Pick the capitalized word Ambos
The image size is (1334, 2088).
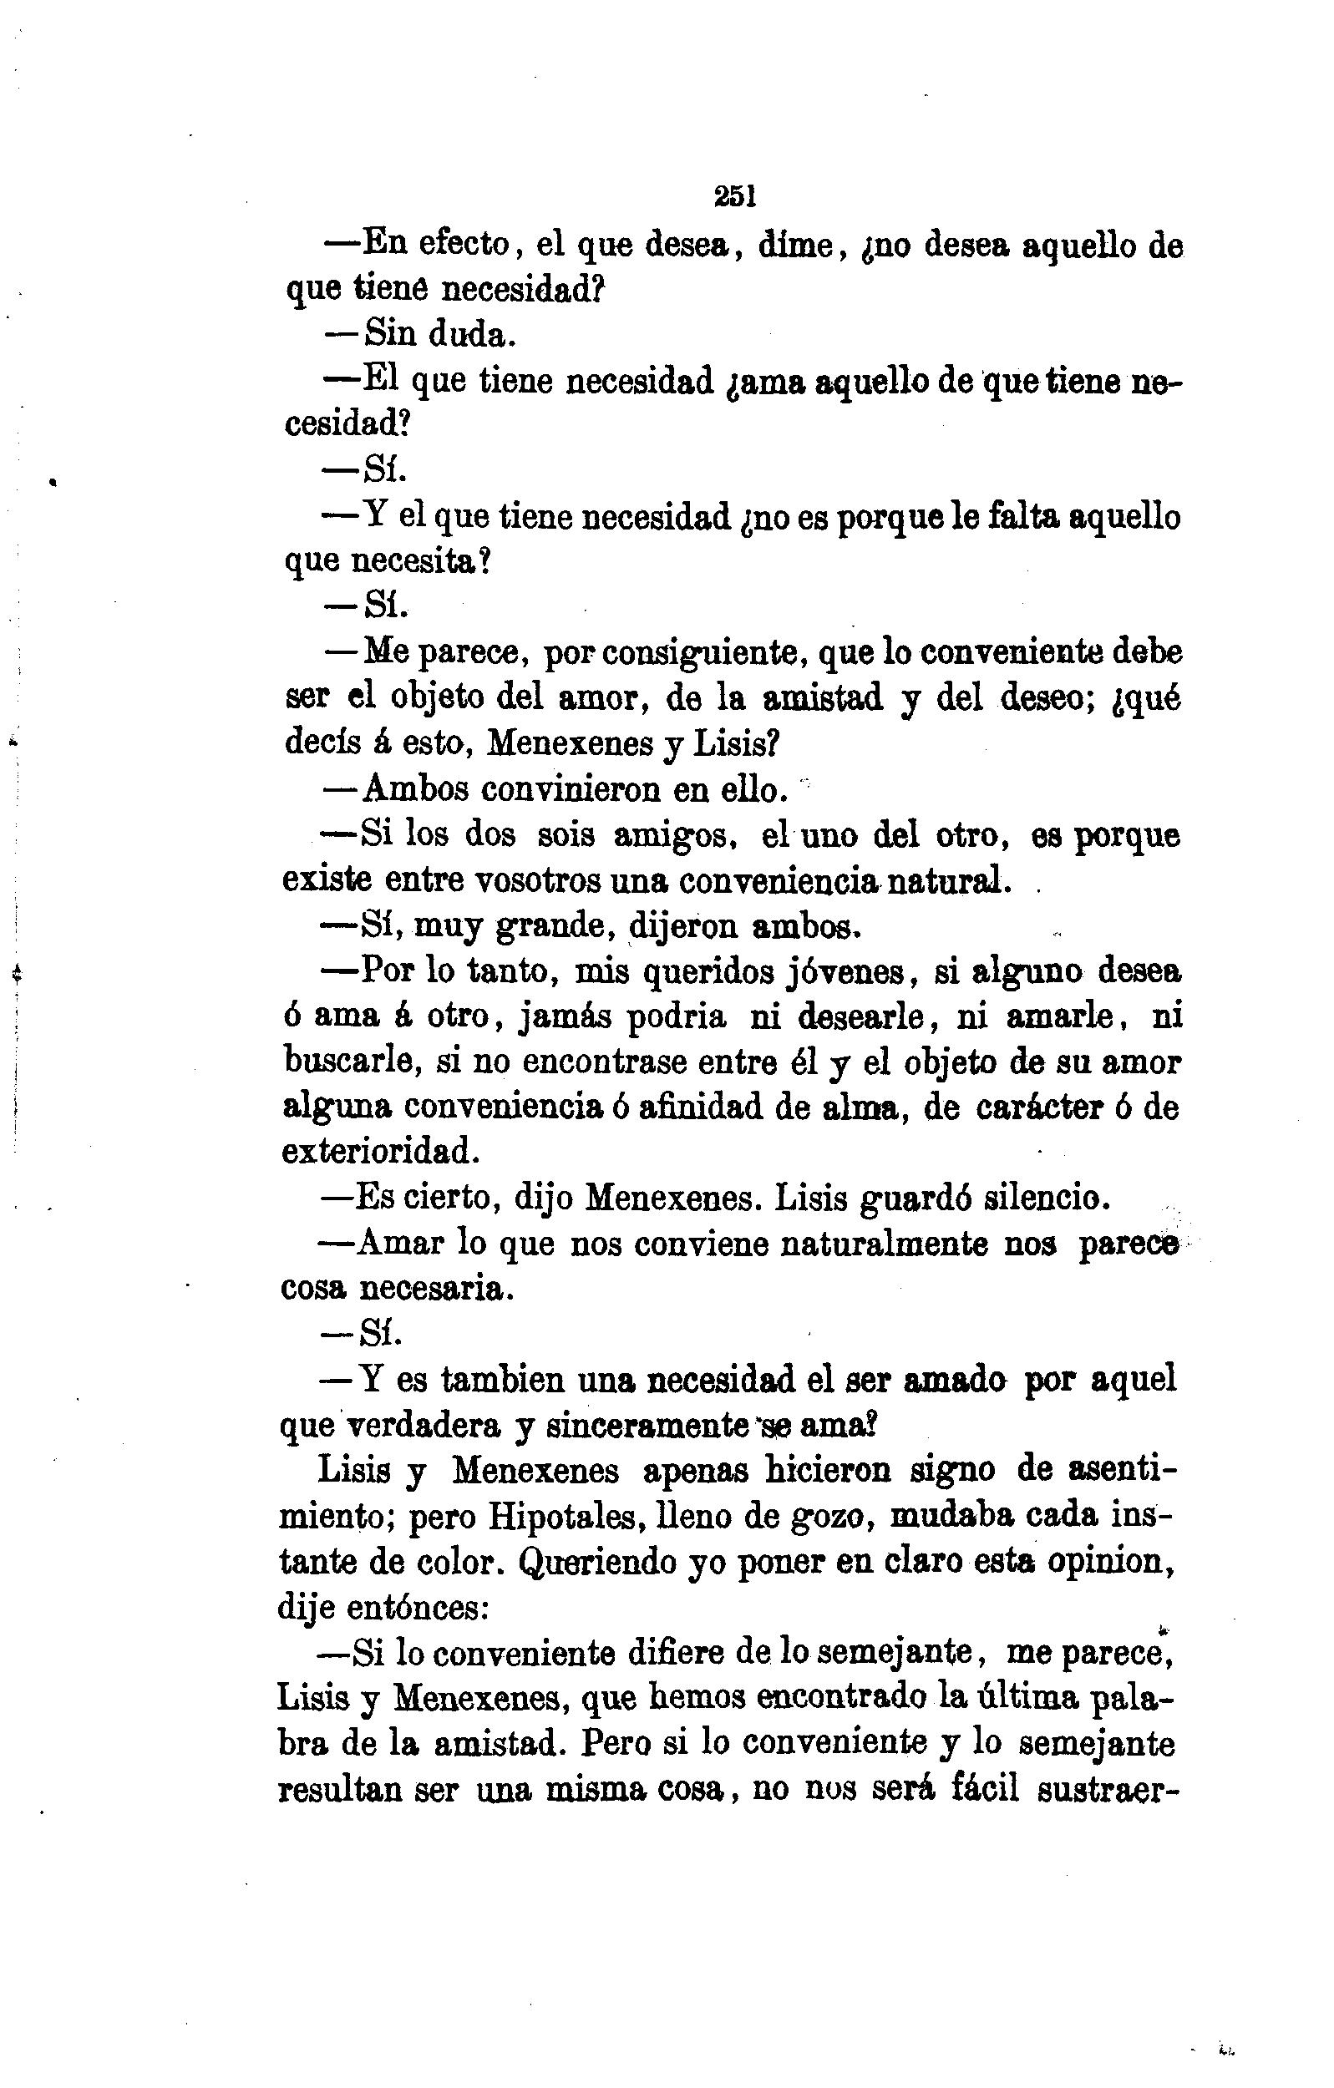click(x=415, y=789)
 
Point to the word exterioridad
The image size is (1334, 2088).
click(x=381, y=1153)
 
